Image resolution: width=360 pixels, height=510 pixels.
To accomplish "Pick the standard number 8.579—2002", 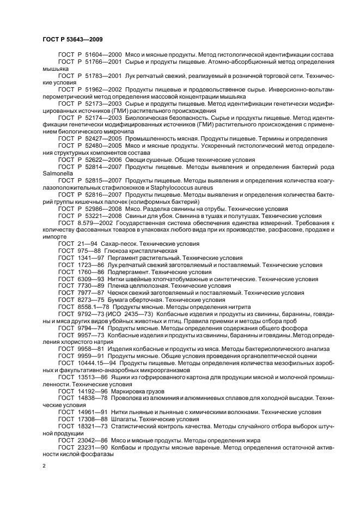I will (x=94, y=223).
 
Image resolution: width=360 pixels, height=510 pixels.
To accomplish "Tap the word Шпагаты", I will (x=125, y=419).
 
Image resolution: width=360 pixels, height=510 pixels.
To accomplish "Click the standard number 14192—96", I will (x=92, y=392).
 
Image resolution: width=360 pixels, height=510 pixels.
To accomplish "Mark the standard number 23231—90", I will (x=92, y=446).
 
